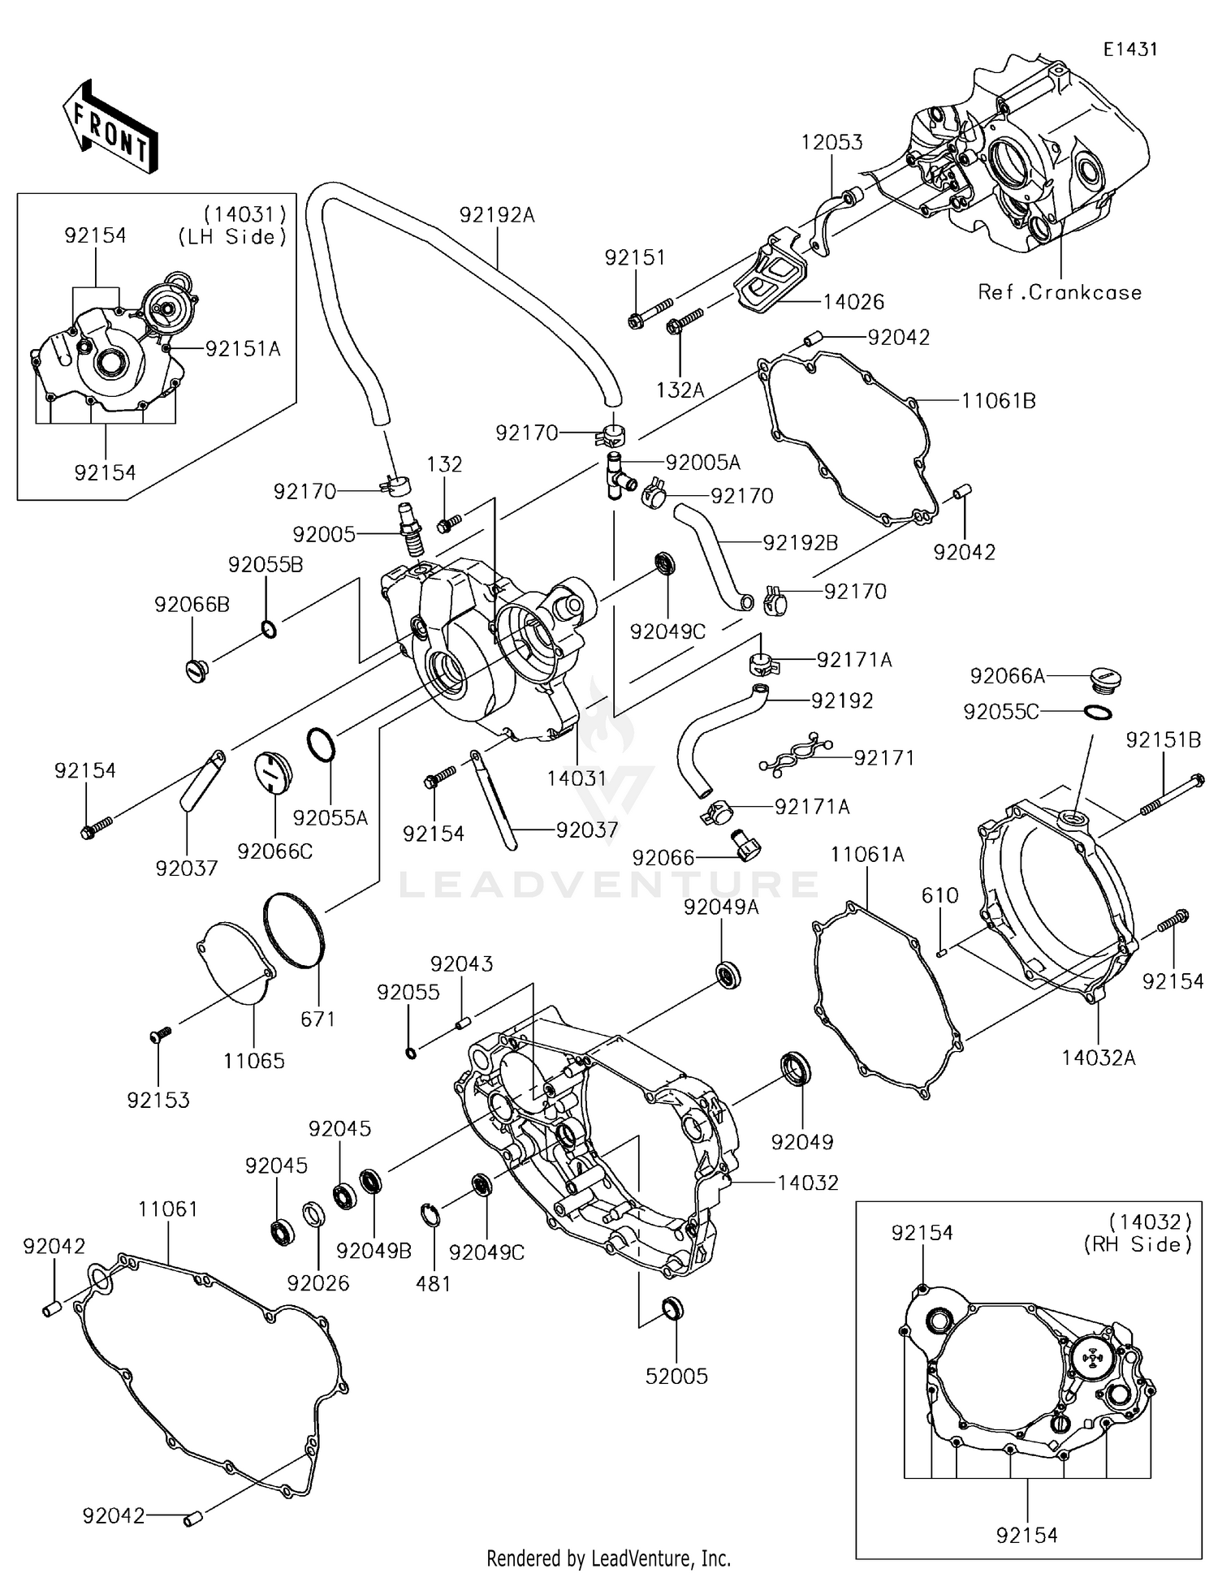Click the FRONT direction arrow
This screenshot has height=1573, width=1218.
(109, 127)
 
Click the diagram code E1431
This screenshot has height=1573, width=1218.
(1129, 50)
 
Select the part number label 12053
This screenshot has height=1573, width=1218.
(831, 143)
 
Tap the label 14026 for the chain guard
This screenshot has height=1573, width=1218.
(853, 302)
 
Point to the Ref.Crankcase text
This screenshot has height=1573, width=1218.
(1060, 292)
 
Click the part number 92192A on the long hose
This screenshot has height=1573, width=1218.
(497, 215)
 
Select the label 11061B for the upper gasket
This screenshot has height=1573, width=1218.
(998, 401)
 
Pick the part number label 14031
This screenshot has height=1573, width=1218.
(577, 778)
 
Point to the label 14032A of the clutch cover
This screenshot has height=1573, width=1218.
(1099, 1058)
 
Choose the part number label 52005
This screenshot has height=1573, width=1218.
(676, 1376)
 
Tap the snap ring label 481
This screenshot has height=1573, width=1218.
(433, 1283)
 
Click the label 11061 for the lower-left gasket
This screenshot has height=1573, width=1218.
(168, 1209)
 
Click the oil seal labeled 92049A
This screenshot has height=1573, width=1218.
(728, 974)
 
